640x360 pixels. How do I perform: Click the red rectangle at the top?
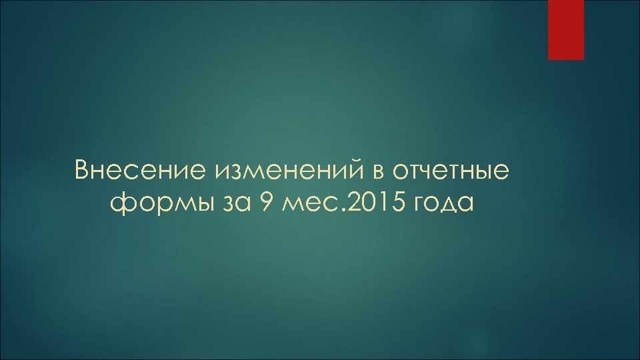coord(566,29)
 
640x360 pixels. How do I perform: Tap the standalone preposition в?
coord(378,171)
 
